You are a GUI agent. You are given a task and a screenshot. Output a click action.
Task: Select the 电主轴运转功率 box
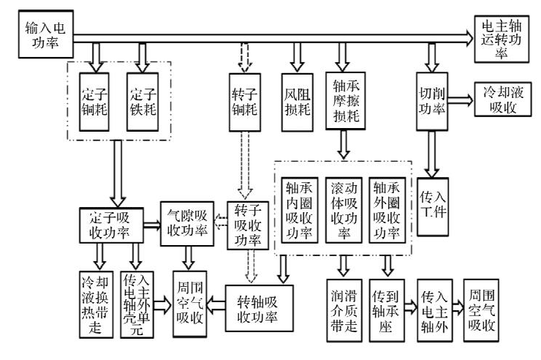point(499,36)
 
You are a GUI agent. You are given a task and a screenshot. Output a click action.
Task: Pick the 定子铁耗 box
point(143,102)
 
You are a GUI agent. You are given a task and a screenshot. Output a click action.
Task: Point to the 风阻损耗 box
point(297,101)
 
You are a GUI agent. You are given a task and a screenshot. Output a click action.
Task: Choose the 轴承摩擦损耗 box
point(346,101)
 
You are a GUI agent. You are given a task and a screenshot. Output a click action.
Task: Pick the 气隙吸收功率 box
point(188,225)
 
